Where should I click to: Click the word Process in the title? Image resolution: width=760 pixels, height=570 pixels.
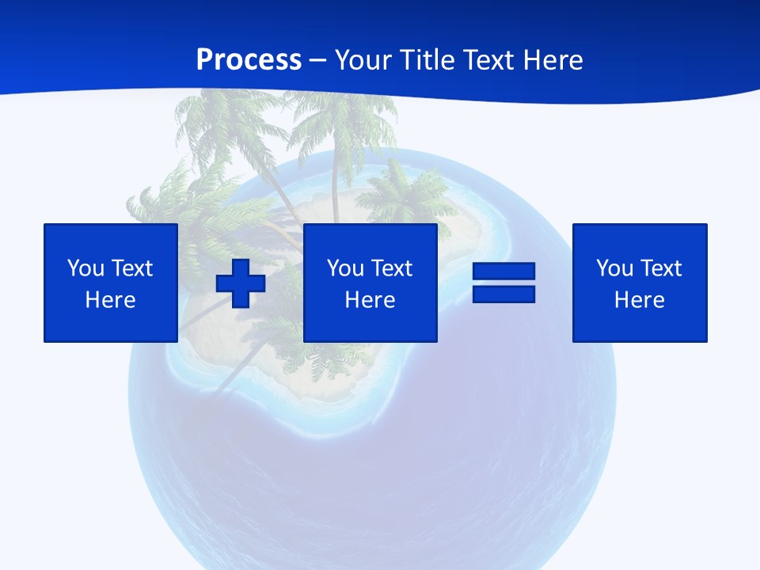pyautogui.click(x=249, y=60)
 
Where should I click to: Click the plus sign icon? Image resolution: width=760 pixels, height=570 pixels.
pyautogui.click(x=241, y=283)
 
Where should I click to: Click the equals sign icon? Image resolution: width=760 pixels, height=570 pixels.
pyautogui.click(x=503, y=283)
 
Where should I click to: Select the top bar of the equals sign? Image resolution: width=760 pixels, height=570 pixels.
pyautogui.click(x=503, y=272)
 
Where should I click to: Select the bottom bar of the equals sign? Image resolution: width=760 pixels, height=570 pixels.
pyautogui.click(x=503, y=294)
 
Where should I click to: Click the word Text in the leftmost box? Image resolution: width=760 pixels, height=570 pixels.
pyautogui.click(x=131, y=268)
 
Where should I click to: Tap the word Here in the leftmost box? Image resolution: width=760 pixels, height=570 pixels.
pyautogui.click(x=111, y=300)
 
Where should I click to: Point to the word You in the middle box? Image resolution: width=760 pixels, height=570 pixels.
pyautogui.click(x=345, y=268)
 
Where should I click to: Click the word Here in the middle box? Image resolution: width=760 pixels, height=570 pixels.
pyautogui.click(x=370, y=300)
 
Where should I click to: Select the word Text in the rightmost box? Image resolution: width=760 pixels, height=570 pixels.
pyautogui.click(x=660, y=268)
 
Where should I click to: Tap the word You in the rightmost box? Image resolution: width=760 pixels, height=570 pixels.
pyautogui.click(x=614, y=268)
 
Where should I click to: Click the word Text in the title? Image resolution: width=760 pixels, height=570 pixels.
pyautogui.click(x=491, y=60)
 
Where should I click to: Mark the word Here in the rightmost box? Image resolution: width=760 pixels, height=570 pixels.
pyautogui.click(x=640, y=300)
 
